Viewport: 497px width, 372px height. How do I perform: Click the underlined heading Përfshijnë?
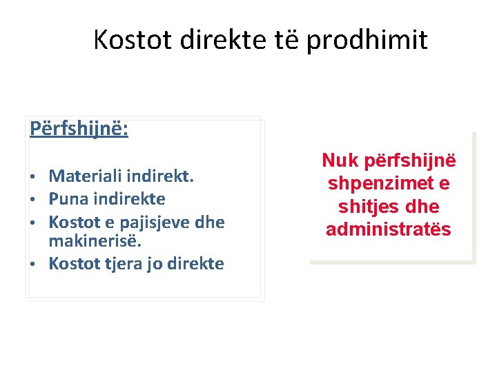79,129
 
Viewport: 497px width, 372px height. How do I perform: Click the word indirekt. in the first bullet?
162,176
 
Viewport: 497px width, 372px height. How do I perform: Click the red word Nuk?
339,161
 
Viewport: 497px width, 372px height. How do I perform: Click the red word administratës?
388,229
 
